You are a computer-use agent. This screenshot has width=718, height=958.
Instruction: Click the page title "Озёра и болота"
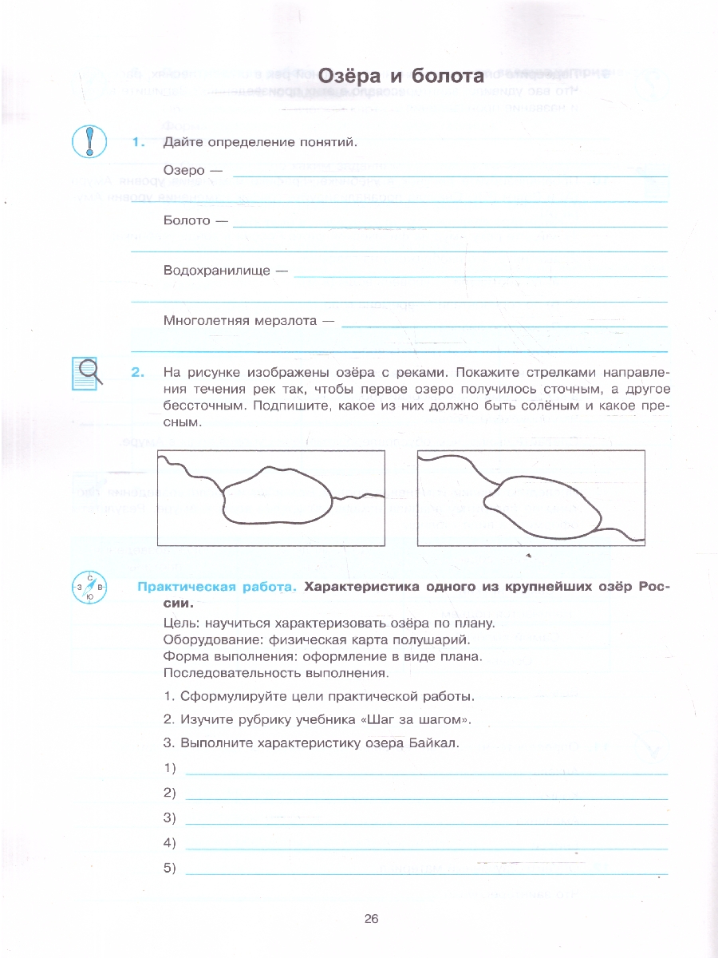pos(400,77)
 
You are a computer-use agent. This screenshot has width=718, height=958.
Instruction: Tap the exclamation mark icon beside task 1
pos(89,141)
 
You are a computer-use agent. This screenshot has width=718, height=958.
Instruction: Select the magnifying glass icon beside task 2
pos(89,372)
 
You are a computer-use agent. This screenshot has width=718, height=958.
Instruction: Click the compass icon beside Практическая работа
pos(89,589)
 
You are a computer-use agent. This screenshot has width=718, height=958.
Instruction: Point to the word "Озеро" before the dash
pos(183,170)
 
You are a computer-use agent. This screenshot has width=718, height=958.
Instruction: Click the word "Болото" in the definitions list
pos(186,220)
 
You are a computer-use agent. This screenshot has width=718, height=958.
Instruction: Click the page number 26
pos(371,918)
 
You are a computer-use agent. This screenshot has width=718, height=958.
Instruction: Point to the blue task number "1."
pos(139,142)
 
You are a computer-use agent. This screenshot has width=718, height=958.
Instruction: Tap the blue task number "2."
pos(139,372)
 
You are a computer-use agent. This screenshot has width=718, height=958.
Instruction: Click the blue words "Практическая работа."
pos(216,587)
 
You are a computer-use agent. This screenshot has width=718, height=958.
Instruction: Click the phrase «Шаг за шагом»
pos(415,719)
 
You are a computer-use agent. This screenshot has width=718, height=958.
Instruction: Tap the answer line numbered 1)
pos(426,770)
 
